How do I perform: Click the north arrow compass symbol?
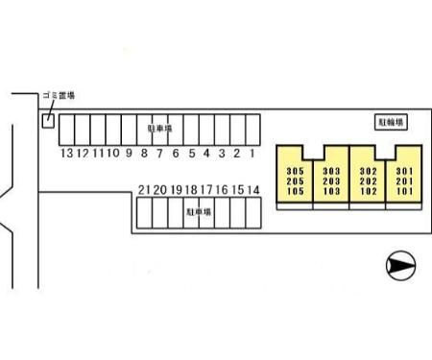tap(401, 266)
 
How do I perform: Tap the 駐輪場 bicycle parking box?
tap(391, 122)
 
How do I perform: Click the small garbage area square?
tap(48, 121)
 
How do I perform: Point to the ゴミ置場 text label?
tap(59, 95)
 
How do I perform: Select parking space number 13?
tap(67, 130)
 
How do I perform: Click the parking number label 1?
tap(252, 154)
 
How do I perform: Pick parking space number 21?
tap(144, 213)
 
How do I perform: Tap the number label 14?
tap(253, 190)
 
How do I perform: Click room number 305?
tap(295, 171)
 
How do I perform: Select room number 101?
tap(405, 191)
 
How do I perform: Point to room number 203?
tap(331, 181)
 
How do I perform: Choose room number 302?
tap(368, 171)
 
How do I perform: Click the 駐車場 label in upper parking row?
tap(160, 129)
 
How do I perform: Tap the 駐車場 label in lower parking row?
tap(199, 212)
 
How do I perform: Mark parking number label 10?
tap(113, 153)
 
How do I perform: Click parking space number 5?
tap(191, 130)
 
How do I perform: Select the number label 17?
tap(206, 190)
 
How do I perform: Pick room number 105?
tap(295, 191)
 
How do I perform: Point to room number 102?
tap(368, 191)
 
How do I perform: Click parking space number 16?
tap(222, 213)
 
